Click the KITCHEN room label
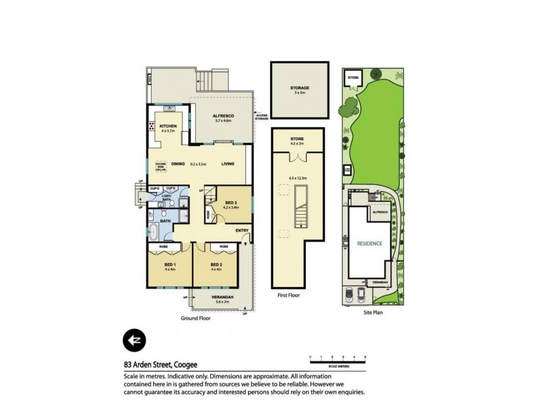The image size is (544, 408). (167, 126)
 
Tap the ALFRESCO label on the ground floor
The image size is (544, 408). (224, 116)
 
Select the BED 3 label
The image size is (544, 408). (231, 203)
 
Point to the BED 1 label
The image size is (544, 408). (170, 264)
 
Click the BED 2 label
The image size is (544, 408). (216, 264)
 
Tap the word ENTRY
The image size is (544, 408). (242, 231)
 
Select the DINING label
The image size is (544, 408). (178, 163)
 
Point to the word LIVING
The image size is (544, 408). (228, 163)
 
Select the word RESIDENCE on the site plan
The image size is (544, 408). (369, 243)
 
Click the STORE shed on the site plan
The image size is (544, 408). (353, 79)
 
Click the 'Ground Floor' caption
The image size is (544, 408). (195, 318)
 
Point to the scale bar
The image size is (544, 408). (337, 361)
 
